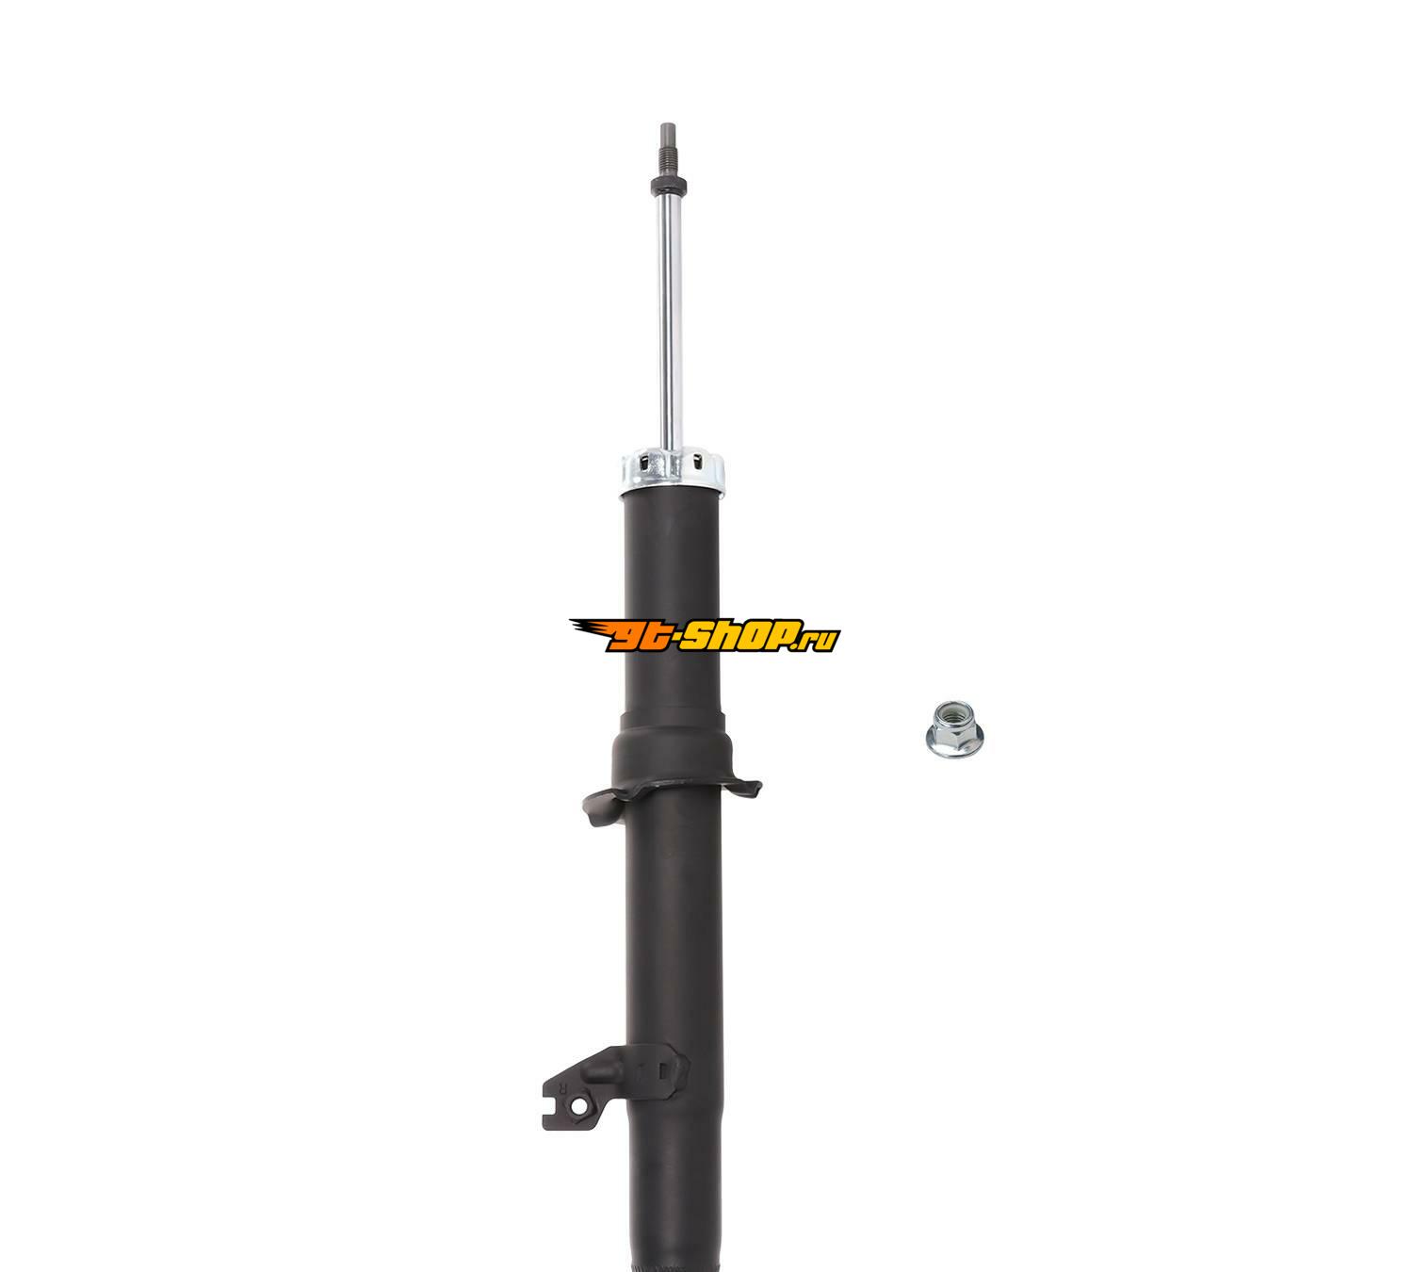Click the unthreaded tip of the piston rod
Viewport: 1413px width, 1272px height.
(x=666, y=133)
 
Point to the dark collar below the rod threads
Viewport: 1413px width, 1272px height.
(x=669, y=187)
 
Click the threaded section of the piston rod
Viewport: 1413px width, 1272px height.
(x=667, y=161)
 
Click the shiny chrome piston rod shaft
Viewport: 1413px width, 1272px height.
(x=670, y=323)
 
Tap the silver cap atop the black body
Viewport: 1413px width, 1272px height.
(x=673, y=471)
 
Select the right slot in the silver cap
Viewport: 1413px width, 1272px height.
(x=697, y=462)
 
